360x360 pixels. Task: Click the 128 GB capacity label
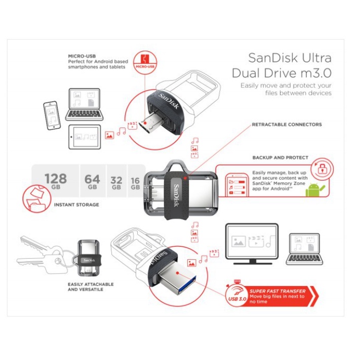pos(55,181)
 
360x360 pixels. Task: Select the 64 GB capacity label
pos(92,181)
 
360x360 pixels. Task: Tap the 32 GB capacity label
pos(116,183)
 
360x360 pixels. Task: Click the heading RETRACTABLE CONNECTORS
pos(287,124)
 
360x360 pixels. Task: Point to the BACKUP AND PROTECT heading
pos(280,157)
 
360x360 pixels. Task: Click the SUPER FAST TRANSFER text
pos(277,291)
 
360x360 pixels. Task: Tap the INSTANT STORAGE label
pos(76,205)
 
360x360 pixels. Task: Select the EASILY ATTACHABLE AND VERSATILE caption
pos(91,287)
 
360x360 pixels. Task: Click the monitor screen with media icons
pos(251,242)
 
